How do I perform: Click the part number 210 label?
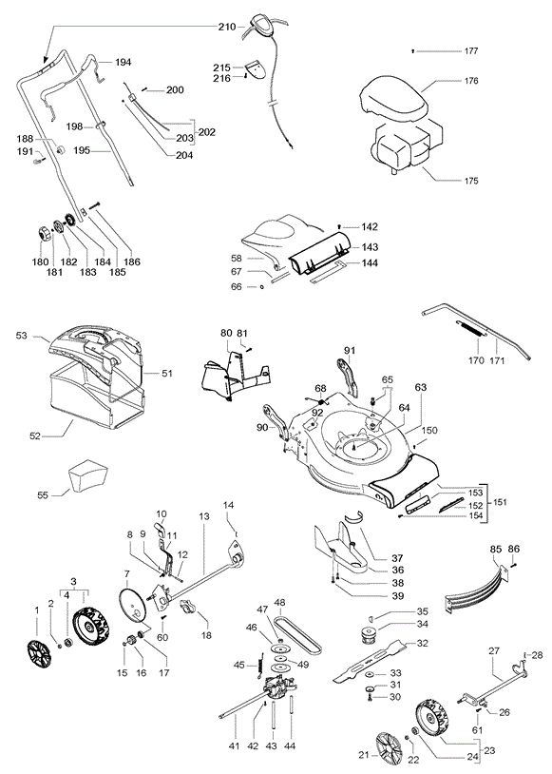[x=227, y=27]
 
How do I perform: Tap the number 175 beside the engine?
[x=471, y=181]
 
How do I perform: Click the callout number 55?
[x=43, y=494]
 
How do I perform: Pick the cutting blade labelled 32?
[x=370, y=661]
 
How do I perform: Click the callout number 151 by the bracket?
[x=499, y=502]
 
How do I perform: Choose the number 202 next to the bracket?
[x=207, y=132]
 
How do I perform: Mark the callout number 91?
[x=350, y=351]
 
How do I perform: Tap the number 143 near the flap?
[x=370, y=247]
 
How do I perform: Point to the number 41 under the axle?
[x=234, y=746]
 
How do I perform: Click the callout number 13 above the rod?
[x=204, y=516]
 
